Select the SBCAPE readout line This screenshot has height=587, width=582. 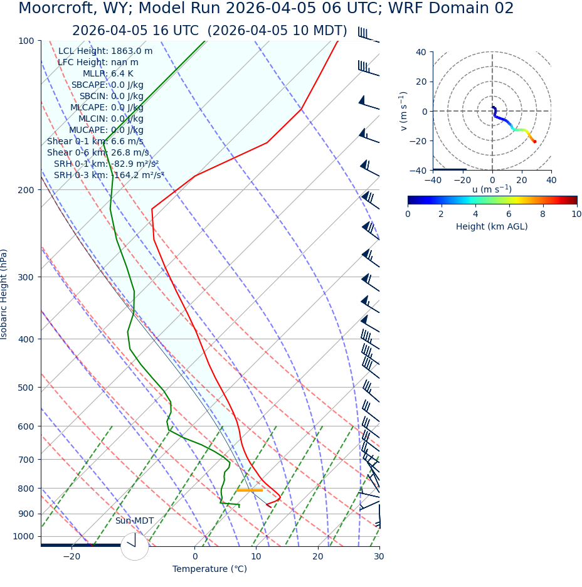[107, 85]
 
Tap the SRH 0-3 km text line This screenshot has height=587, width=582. [108, 176]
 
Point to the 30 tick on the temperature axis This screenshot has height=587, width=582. [379, 556]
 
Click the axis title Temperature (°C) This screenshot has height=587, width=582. [209, 569]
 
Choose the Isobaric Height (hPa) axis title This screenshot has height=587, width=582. [4, 294]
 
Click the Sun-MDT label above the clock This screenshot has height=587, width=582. [134, 521]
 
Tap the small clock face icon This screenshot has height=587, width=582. [134, 546]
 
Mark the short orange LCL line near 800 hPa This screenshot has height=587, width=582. [249, 490]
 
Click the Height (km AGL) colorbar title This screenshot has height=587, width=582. [492, 226]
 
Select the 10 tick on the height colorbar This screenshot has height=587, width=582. [576, 214]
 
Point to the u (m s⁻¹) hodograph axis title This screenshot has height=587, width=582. [492, 189]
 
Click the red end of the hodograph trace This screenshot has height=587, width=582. [534, 142]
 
